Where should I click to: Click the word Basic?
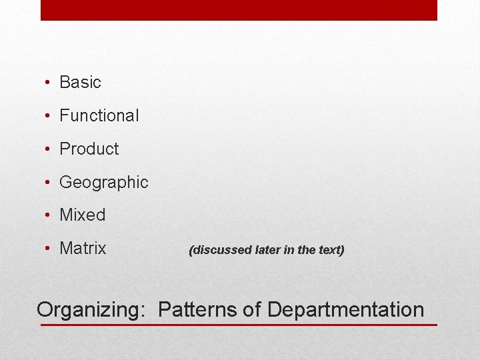[x=80, y=83]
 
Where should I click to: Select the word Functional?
[x=99, y=116]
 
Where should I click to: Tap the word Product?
[x=89, y=149]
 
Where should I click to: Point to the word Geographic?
[x=104, y=183]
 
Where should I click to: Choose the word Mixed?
[x=83, y=215]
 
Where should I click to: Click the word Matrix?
[x=83, y=249]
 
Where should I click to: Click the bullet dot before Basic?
[x=48, y=83]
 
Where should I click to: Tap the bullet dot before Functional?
[x=48, y=117]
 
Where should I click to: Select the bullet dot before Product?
[x=48, y=150]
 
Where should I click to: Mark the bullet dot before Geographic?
[x=48, y=183]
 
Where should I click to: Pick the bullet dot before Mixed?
[x=48, y=216]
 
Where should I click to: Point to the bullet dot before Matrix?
[x=48, y=249]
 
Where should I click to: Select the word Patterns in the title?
[x=199, y=310]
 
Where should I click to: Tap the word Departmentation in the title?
[x=345, y=310]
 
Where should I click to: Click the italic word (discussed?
[x=220, y=251]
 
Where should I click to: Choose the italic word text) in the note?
[x=331, y=251]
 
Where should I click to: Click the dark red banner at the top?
[x=239, y=10]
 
